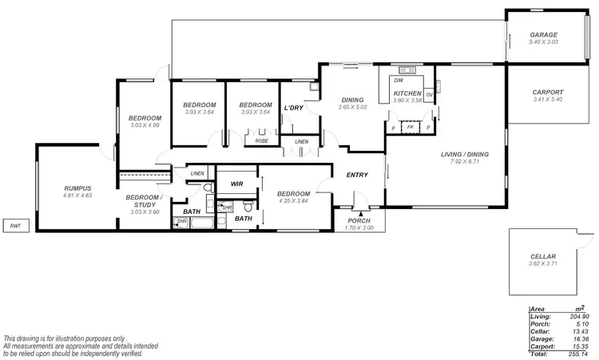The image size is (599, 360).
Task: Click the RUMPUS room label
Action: tap(77, 188)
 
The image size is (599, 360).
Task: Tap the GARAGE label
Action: tap(544, 35)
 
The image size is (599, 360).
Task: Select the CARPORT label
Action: tap(547, 93)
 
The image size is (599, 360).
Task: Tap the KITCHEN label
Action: tap(407, 93)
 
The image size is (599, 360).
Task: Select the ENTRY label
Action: tap(356, 175)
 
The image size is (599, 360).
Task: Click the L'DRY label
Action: tap(294, 108)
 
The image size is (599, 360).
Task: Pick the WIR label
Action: tap(236, 184)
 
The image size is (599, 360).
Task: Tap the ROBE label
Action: tap(261, 140)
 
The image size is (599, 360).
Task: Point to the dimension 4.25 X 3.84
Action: tap(292, 201)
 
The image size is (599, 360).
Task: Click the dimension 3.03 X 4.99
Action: tap(145, 125)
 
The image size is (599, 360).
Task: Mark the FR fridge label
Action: tap(410, 127)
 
